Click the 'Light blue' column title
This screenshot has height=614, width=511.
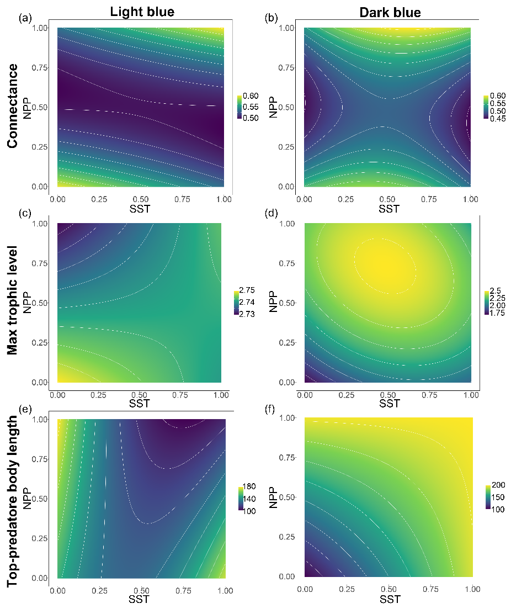tap(142, 12)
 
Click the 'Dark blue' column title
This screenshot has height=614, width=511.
tap(390, 12)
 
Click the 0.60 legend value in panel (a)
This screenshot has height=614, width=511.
tap(251, 96)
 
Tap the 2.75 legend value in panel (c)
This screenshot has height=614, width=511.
tap(248, 293)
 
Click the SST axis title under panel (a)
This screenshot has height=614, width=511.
tap(141, 208)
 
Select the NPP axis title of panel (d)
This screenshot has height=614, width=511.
tap(273, 303)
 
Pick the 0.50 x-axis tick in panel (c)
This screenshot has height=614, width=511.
tap(139, 395)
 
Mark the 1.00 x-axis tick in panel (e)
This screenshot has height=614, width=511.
tap(225, 591)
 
